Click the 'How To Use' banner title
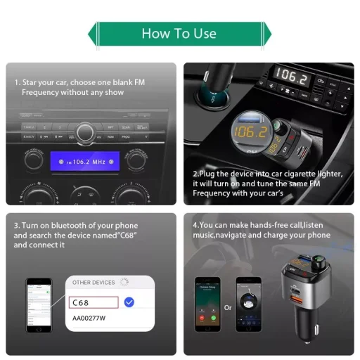coord(179,33)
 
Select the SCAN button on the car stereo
coord(126,127)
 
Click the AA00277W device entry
coord(90,318)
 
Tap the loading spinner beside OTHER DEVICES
coord(124,282)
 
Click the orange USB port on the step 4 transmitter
coord(298,297)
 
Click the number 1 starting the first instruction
coord(16,82)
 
